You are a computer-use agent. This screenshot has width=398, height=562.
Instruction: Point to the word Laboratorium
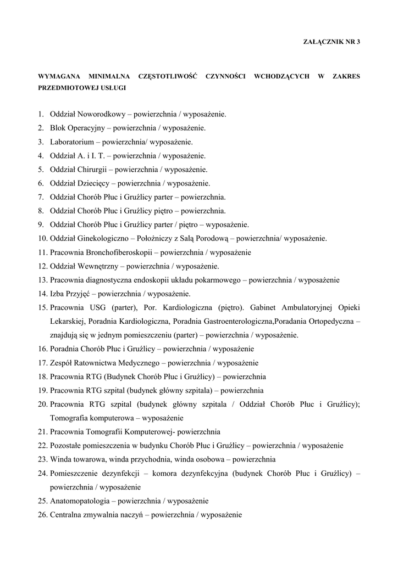point(69,142)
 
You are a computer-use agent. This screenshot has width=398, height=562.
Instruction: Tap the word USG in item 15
point(94,307)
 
